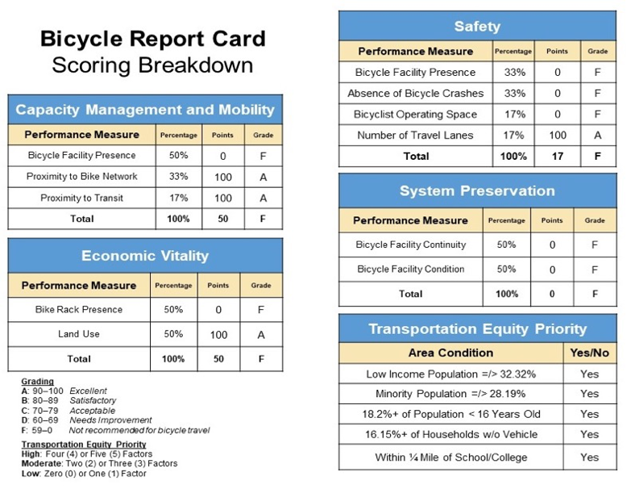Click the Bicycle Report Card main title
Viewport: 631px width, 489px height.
pos(152,38)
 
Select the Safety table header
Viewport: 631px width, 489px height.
pos(476,27)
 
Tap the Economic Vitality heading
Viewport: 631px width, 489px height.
pos(145,256)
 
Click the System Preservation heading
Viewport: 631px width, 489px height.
pos(477,191)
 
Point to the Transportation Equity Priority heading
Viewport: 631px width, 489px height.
pos(477,328)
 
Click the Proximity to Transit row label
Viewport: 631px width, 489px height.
pos(81,198)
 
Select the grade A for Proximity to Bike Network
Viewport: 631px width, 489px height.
pos(263,177)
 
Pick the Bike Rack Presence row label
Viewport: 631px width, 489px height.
pos(79,309)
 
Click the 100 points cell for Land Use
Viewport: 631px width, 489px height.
pos(218,334)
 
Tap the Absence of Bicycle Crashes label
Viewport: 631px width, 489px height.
pos(415,94)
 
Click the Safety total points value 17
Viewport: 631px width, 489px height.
pos(558,157)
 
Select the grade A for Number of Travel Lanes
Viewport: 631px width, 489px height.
pos(597,136)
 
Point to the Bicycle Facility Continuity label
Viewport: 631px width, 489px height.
pos(410,245)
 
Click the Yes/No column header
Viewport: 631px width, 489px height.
pos(589,353)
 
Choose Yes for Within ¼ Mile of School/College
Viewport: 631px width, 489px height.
pos(589,458)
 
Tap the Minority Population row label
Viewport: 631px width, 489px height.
pos(450,394)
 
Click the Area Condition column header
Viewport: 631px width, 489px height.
pos(450,353)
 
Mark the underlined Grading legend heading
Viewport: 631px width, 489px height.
pos(37,382)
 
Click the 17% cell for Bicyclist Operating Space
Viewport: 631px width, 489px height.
pos(513,115)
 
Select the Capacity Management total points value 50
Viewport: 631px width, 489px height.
pos(222,219)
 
